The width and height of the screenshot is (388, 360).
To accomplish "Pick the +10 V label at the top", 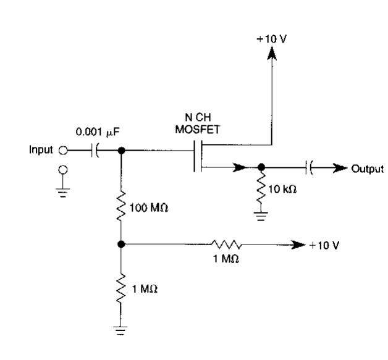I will [x=270, y=38].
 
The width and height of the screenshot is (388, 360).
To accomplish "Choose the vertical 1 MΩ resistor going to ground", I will [x=121, y=287].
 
